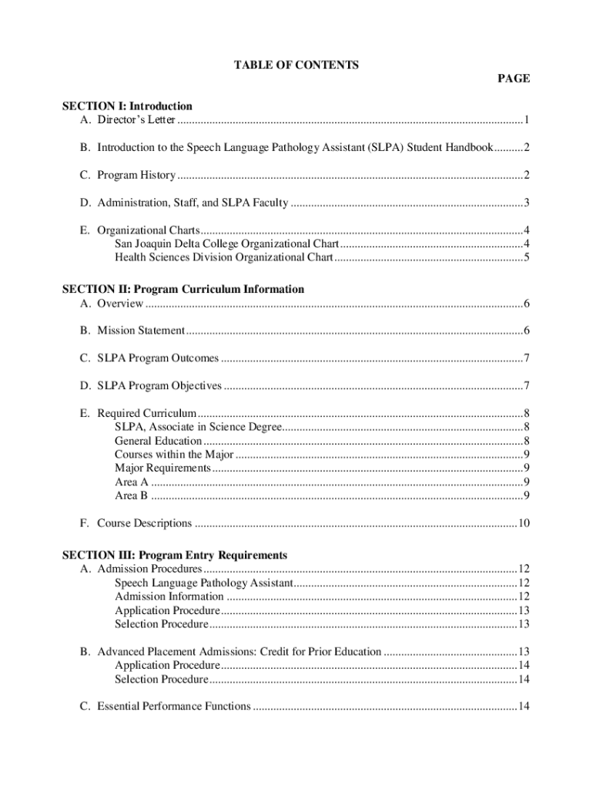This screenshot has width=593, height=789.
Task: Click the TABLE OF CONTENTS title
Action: tap(296, 65)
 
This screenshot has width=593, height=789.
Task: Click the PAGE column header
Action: tap(514, 79)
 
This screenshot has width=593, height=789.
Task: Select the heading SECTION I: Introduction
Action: tap(127, 106)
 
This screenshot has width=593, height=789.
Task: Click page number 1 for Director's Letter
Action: tap(526, 120)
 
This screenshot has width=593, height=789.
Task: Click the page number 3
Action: tap(526, 203)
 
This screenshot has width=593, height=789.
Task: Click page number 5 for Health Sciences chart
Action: tap(526, 258)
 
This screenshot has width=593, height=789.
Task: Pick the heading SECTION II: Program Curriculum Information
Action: tap(183, 290)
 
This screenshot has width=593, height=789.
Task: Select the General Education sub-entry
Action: tap(158, 441)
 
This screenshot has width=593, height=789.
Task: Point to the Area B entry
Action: tap(131, 495)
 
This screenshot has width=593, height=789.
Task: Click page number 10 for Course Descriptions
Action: tap(524, 524)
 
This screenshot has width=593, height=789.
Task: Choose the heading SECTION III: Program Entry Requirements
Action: tap(175, 556)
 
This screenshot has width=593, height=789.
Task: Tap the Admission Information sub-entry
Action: tap(169, 596)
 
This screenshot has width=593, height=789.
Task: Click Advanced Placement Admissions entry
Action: tap(239, 652)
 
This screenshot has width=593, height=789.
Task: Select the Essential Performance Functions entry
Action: tap(174, 707)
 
